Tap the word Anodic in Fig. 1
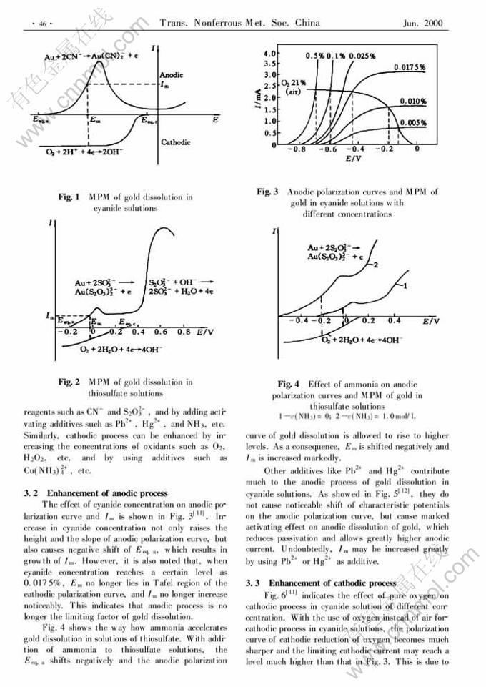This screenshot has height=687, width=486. point(172,74)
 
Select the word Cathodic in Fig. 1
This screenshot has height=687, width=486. point(175,142)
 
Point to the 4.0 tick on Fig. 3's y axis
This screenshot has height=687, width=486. point(269,54)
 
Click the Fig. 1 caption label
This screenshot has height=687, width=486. point(69,197)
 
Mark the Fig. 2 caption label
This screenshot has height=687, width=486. point(69,382)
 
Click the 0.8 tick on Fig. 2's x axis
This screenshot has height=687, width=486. point(184,332)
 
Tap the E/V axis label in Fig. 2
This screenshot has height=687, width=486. point(204,332)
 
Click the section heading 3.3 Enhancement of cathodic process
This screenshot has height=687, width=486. point(320,583)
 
